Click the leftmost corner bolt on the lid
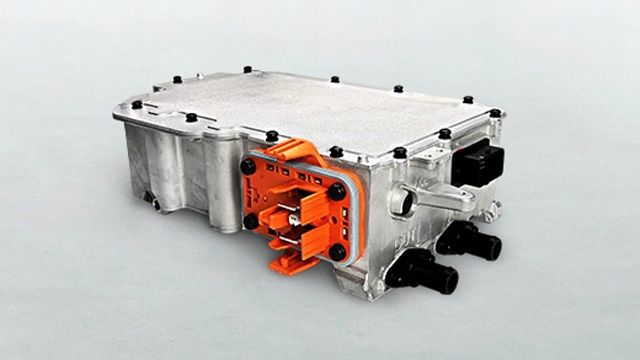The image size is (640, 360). pyautogui.click(x=136, y=105)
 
